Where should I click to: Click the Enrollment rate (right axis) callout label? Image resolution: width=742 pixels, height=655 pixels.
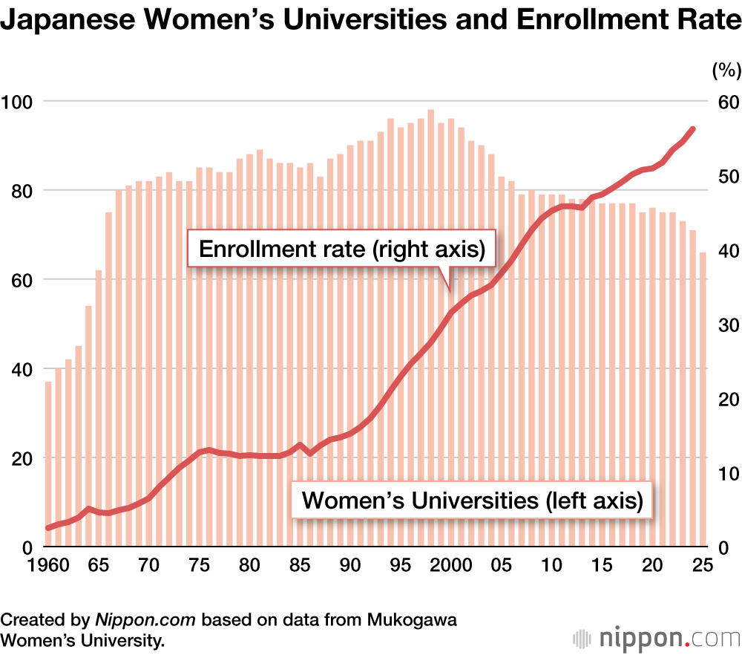tap(342, 250)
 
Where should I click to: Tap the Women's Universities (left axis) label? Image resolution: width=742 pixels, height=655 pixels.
tap(472, 500)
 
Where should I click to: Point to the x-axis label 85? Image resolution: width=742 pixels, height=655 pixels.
tap(300, 565)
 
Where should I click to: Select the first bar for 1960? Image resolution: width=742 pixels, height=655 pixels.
tap(48, 464)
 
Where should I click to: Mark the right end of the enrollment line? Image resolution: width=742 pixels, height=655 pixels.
tap(692, 128)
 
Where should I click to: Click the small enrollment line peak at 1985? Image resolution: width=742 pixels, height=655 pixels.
tap(300, 445)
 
